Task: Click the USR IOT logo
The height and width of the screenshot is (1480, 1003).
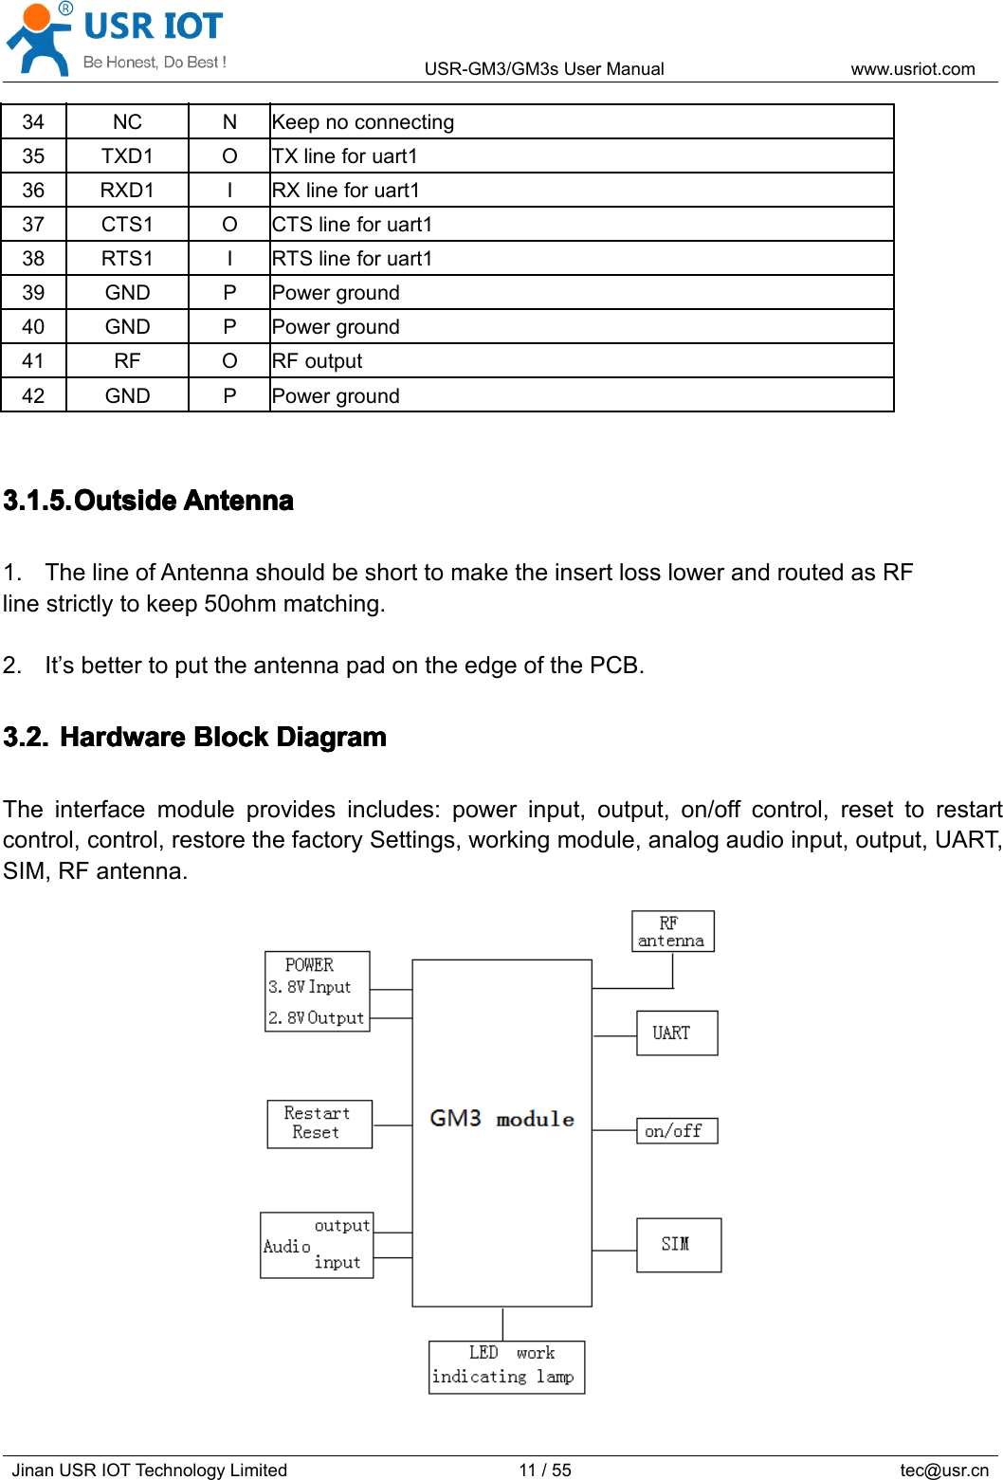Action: (116, 39)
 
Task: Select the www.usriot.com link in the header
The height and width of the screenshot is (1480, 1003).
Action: (912, 69)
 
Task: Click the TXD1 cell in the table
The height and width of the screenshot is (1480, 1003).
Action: (127, 156)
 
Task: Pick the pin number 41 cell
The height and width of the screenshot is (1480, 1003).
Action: (33, 361)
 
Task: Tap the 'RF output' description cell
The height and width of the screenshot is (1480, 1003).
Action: (317, 361)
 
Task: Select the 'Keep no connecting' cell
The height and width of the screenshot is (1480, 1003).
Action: (363, 122)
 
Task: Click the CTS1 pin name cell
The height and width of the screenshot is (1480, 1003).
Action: (127, 225)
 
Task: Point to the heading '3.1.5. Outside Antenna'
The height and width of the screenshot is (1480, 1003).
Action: (149, 501)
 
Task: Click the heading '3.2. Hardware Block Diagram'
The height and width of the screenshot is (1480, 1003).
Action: (195, 738)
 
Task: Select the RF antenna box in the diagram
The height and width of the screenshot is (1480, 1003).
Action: (672, 931)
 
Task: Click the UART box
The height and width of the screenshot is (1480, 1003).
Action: (676, 1032)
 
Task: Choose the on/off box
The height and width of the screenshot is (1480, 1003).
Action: (676, 1131)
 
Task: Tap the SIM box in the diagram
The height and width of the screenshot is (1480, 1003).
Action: (678, 1244)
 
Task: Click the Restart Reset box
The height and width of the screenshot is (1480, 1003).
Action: (319, 1124)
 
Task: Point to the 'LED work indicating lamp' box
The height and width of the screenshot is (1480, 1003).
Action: (506, 1366)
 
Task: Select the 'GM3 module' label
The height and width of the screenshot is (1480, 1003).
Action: (501, 1119)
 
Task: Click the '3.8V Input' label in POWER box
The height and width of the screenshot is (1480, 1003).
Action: (310, 987)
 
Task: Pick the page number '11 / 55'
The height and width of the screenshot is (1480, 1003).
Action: (545, 1470)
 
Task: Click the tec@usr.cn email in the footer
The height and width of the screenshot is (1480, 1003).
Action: (943, 1470)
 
